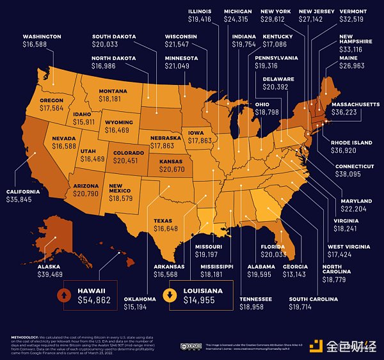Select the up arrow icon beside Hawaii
[64, 295]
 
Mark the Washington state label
[42, 37]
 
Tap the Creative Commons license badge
[184, 345]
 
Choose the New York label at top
[276, 12]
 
